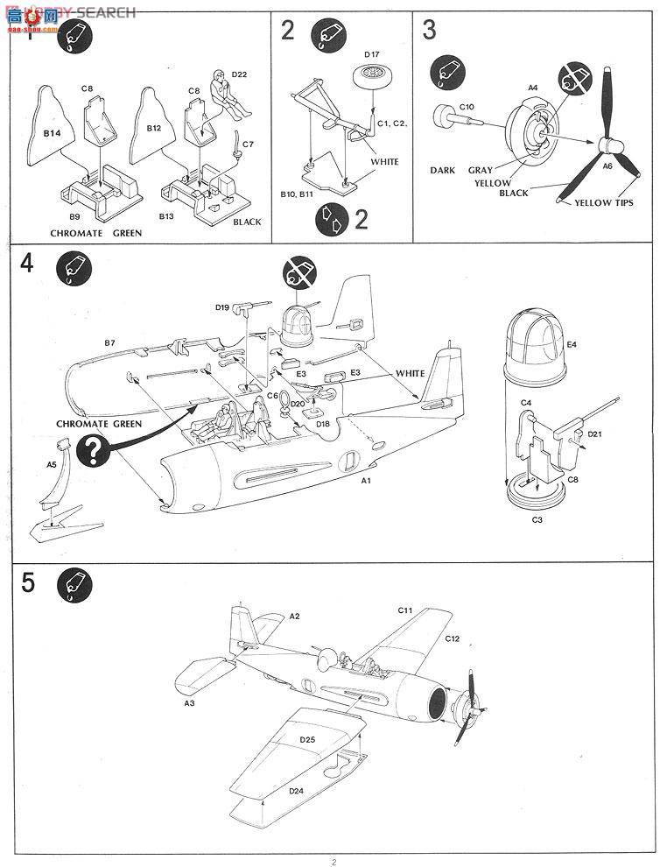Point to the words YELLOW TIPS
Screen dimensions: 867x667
click(604, 203)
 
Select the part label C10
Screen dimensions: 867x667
click(467, 107)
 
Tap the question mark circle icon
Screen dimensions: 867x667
click(93, 452)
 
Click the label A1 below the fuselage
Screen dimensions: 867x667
click(367, 482)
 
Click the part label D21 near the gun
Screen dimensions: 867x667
click(595, 433)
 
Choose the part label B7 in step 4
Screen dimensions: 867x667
click(109, 342)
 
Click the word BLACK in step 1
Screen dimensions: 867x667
click(247, 222)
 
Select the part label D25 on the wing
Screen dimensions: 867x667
click(306, 739)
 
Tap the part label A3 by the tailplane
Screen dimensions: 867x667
click(189, 702)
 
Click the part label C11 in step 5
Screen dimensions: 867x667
click(404, 610)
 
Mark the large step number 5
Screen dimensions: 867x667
click(28, 583)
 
